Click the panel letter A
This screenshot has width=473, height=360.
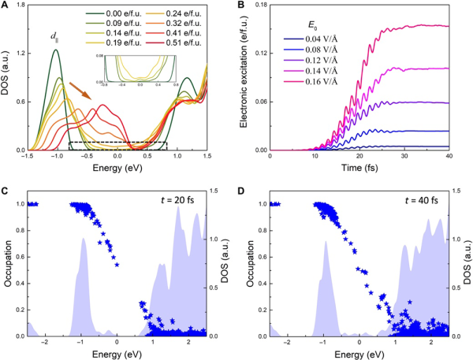pos(5,6)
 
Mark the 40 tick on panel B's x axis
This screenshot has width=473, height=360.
pos(449,158)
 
